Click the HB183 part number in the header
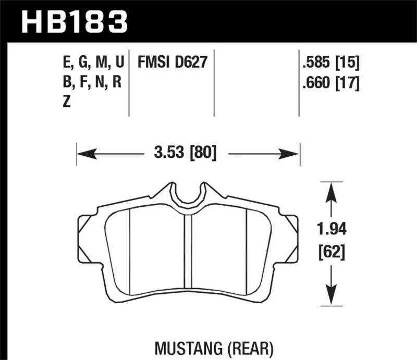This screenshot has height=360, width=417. (73, 22)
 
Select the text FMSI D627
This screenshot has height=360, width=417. (173, 63)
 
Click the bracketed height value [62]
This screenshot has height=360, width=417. (330, 254)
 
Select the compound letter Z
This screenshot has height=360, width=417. (66, 102)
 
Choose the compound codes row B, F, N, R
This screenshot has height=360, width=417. (91, 82)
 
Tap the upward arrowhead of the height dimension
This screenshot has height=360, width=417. (329, 190)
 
